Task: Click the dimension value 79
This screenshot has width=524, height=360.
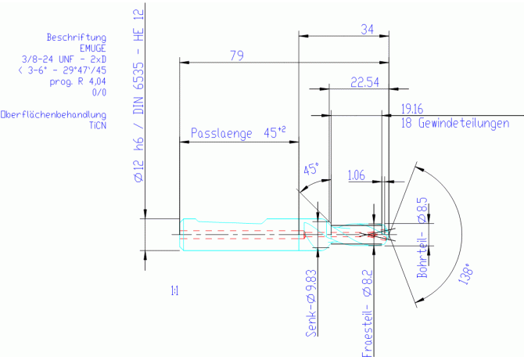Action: [237, 56]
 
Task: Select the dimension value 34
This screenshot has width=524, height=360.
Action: [368, 30]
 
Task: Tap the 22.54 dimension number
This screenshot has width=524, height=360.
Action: [364, 82]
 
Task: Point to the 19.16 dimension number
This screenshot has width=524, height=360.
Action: [412, 109]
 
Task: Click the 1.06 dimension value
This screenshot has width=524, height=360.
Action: [356, 175]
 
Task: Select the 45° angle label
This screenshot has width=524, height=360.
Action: [311, 169]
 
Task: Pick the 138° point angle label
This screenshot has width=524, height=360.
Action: [466, 273]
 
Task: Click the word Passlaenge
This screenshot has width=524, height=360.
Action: [221, 133]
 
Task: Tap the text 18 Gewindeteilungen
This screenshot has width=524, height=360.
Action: [455, 123]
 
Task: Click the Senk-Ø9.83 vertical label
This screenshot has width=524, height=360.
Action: [311, 303]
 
